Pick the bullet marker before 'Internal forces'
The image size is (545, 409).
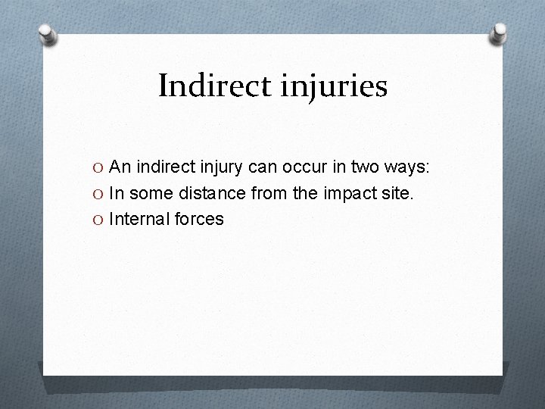pos(99,219)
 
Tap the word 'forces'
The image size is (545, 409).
pos(198,219)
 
